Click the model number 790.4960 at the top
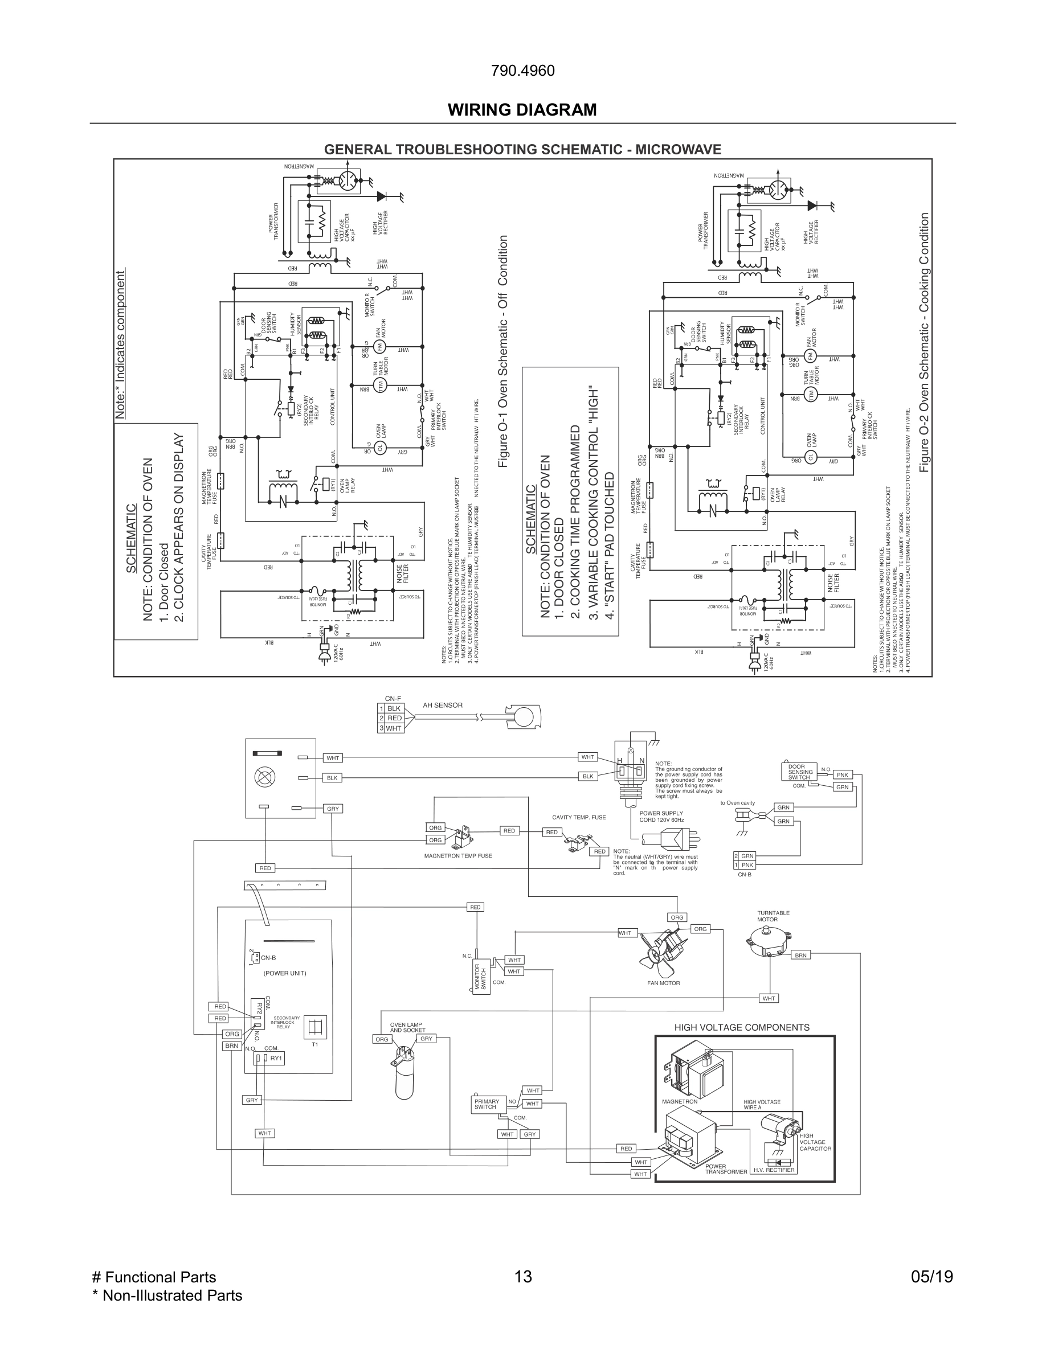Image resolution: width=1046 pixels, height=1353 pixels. [522, 71]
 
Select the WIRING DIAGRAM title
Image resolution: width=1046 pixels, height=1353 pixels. [522, 110]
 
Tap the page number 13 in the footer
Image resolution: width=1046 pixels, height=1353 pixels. [523, 1277]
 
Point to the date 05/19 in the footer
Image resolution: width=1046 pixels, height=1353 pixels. [932, 1277]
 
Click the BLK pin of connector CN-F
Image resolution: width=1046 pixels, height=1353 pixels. [394, 708]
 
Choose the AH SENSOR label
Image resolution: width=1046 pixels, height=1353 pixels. [443, 705]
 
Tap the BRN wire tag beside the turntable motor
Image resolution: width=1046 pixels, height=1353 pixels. [800, 956]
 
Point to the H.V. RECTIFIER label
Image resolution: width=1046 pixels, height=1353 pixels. [773, 1170]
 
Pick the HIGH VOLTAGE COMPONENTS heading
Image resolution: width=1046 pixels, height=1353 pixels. [742, 1027]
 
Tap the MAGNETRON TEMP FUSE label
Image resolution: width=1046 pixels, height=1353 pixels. [458, 856]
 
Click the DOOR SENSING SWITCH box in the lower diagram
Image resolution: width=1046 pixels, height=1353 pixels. [799, 772]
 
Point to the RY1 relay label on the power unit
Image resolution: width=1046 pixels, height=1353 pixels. [276, 1058]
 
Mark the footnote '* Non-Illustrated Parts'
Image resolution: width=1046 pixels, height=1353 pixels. [167, 1295]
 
